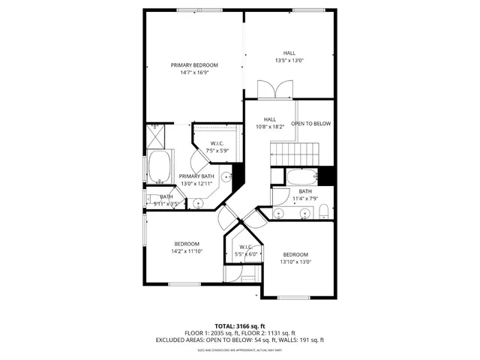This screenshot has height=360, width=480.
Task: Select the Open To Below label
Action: coord(311,124)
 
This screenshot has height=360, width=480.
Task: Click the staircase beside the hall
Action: coord(295,154)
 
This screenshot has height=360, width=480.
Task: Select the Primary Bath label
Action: coord(196,176)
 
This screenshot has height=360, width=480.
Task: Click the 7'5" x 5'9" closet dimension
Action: coord(217,151)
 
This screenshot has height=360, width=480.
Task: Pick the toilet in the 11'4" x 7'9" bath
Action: coord(323,212)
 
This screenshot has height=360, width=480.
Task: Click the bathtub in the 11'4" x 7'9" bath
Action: coord(301,178)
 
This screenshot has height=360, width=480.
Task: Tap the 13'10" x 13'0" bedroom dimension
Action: coord(295,262)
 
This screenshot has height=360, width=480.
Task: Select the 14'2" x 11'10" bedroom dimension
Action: coord(187,252)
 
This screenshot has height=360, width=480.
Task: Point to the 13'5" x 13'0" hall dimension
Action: coord(289,60)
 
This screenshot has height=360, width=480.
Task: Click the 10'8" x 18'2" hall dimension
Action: coord(269,127)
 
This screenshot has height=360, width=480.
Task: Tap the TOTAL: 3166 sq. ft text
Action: coord(240,326)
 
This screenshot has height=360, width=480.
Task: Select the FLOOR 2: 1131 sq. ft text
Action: coord(269,333)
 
